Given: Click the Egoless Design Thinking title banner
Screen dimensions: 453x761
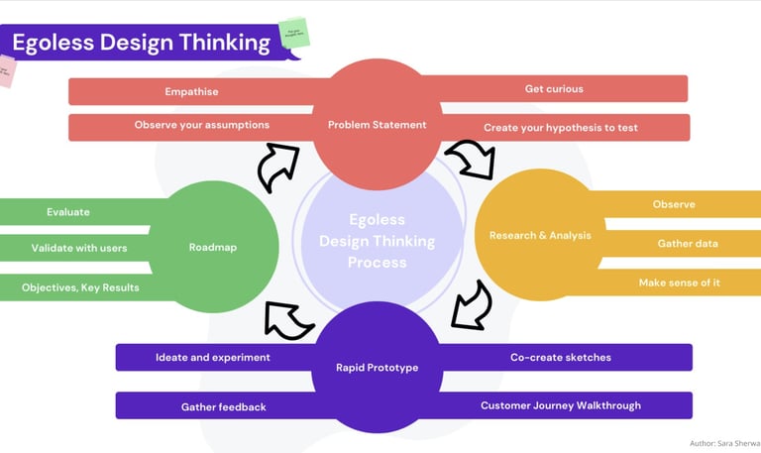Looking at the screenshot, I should pos(141,43).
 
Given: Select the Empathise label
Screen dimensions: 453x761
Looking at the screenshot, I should pos(191,92).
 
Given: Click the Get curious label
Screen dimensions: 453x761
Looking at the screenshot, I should pos(554,89).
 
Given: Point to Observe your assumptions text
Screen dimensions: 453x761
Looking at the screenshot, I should pos(201,125).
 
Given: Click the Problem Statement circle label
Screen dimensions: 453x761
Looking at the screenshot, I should pos(377,125).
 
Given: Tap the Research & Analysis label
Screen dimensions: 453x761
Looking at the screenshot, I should pos(540,236).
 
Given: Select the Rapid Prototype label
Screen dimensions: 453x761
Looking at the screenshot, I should pos(377,368).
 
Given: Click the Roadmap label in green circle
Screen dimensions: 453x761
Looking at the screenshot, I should pos(213,248).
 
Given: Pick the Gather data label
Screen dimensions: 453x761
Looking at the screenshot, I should pos(688,244).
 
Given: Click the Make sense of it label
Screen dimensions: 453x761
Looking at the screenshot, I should pos(679,283).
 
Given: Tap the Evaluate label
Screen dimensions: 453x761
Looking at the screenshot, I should pos(68,212).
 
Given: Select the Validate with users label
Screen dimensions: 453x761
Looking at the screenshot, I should pos(79,248).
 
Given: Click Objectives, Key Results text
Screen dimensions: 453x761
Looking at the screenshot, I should pos(80,288).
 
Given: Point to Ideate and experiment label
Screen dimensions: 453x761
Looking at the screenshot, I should pos(213,357).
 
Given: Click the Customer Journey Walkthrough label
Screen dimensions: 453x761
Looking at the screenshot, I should pos(560,405).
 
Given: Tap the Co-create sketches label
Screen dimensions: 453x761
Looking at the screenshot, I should pos(561,357).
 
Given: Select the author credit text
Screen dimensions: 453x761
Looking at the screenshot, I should pos(724,443).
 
